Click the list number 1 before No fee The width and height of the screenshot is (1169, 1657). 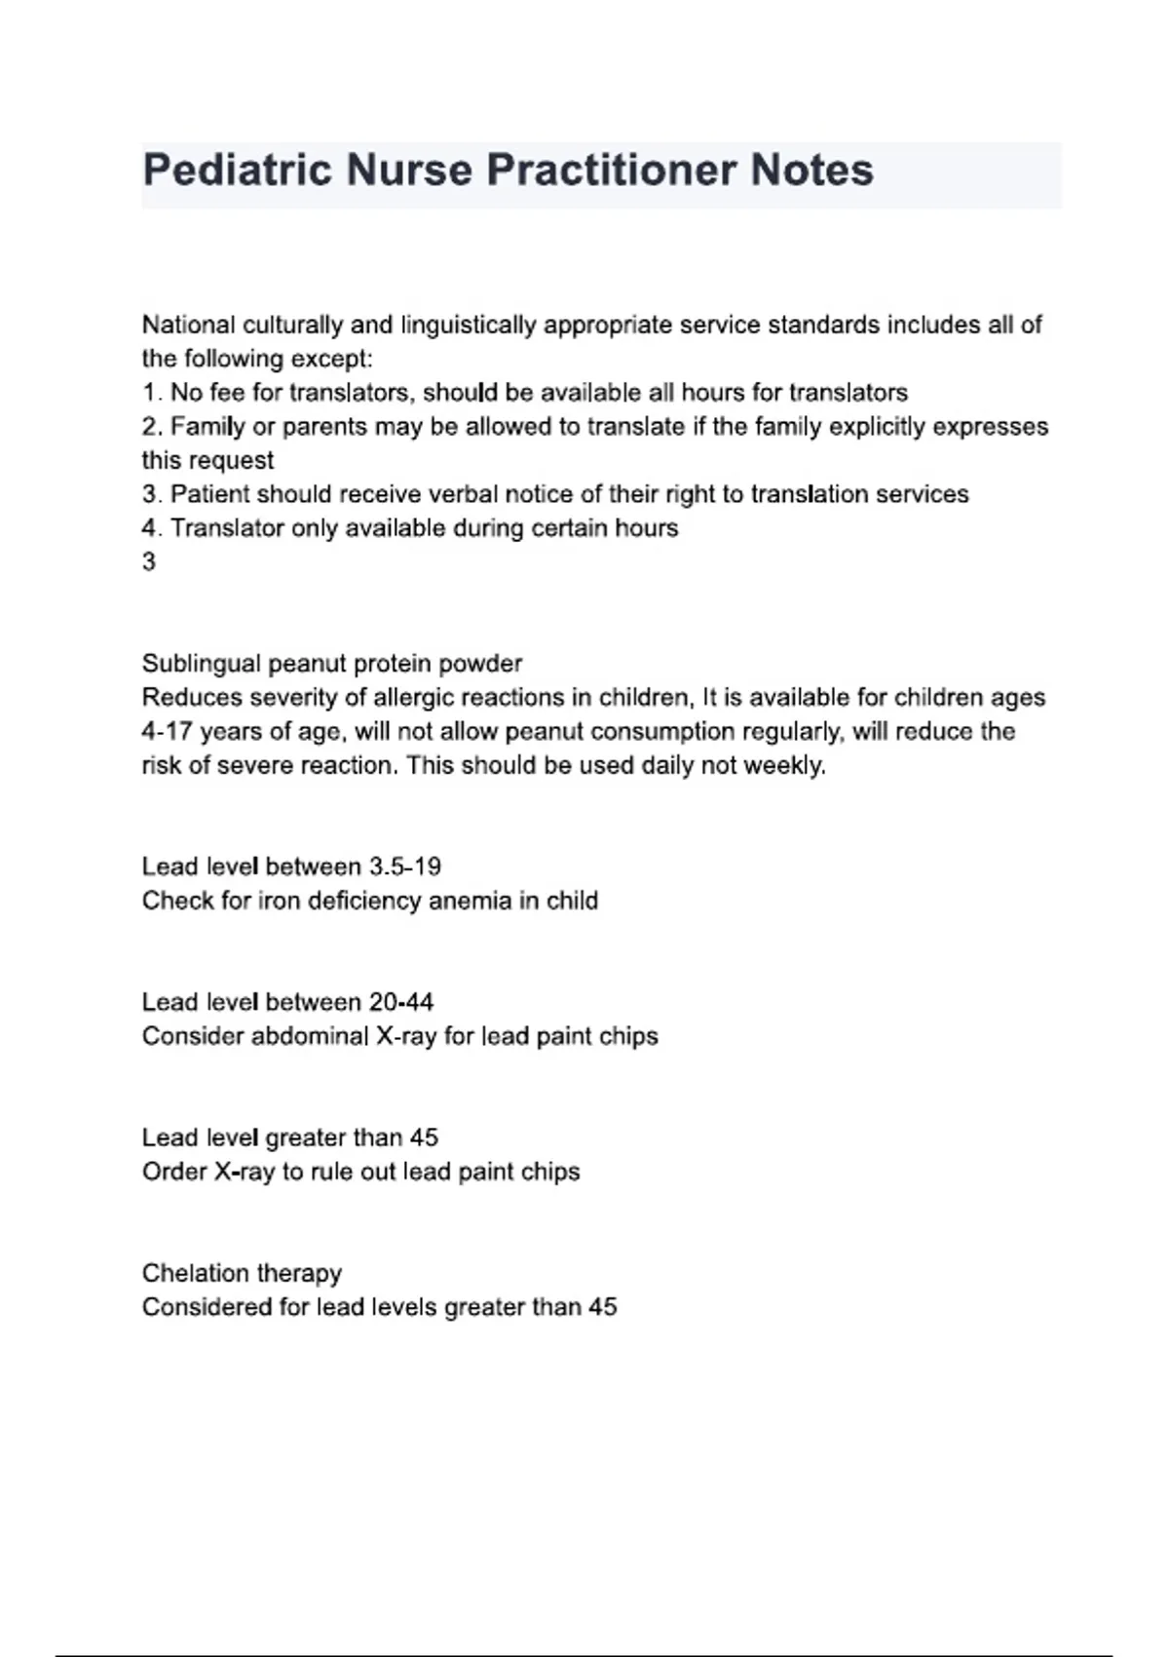pyautogui.click(x=150, y=393)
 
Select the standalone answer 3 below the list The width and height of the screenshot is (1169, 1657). pyautogui.click(x=149, y=562)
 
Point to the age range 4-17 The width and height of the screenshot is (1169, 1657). pyautogui.click(x=168, y=732)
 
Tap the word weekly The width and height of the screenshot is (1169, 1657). pyautogui.click(x=783, y=766)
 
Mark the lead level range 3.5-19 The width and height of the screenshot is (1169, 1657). pyautogui.click(x=404, y=867)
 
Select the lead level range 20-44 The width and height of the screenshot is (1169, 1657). pyautogui.click(x=400, y=1002)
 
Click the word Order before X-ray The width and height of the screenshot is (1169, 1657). pyautogui.click(x=173, y=1172)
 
